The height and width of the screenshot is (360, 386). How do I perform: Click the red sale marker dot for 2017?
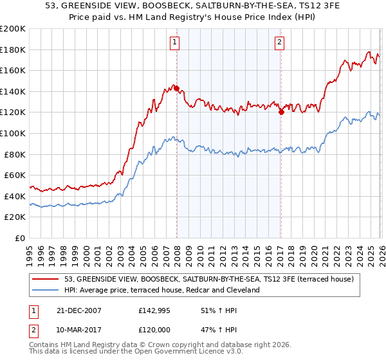point(281,113)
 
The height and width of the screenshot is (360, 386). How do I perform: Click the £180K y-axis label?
point(14,50)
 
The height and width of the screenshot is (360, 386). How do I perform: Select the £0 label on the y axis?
point(20,238)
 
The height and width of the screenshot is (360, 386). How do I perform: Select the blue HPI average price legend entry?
point(161,290)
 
